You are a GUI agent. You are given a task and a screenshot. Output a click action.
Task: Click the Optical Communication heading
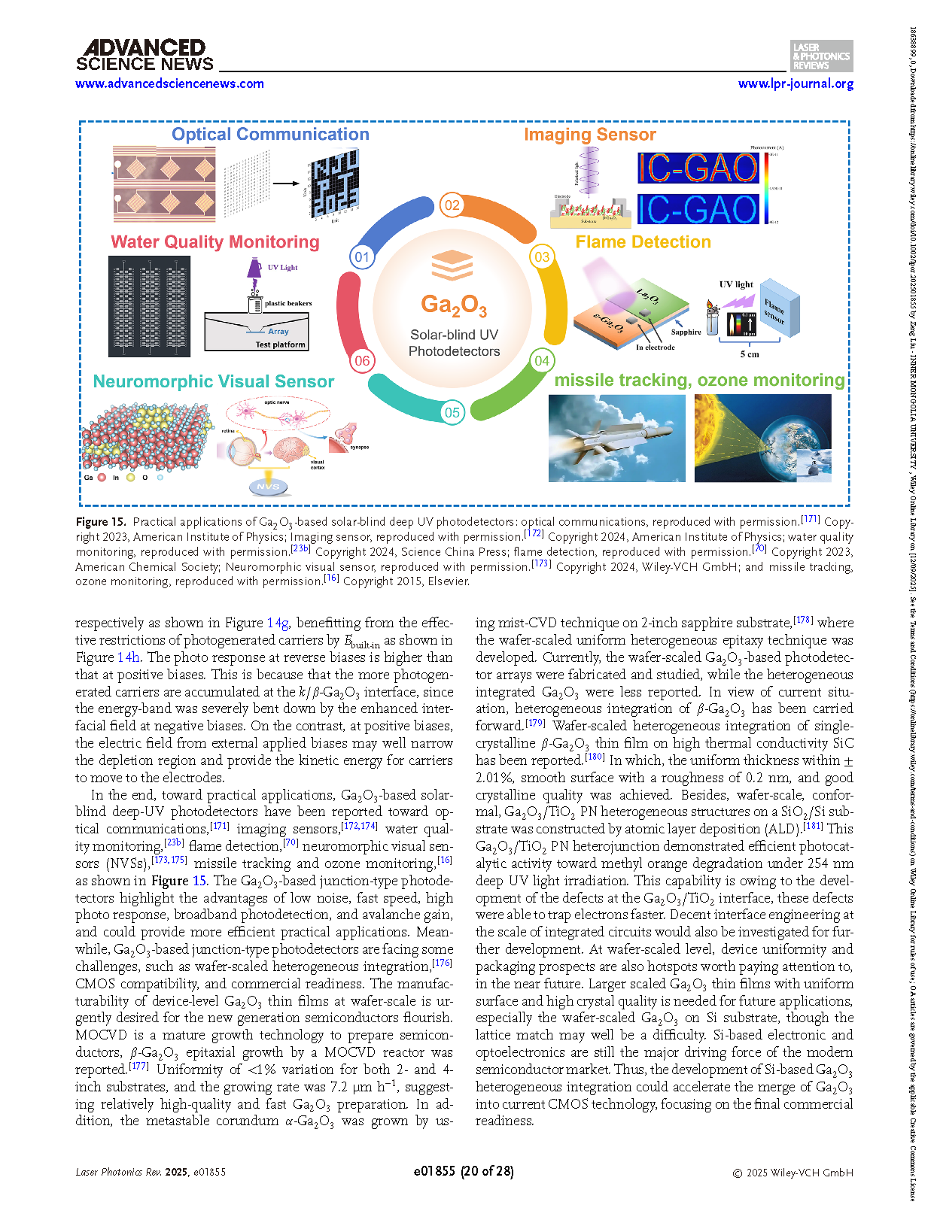[x=270, y=135]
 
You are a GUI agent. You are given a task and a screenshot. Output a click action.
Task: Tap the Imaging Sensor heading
[x=589, y=135]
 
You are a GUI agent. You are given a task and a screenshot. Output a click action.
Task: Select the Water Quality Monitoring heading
[x=214, y=242]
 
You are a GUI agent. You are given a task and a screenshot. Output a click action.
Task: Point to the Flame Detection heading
[x=643, y=242]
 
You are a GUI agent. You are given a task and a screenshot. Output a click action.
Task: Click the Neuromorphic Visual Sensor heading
[x=213, y=381]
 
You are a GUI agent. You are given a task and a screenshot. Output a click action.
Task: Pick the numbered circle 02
[x=452, y=205]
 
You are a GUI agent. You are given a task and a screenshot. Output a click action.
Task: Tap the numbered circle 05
[x=452, y=412]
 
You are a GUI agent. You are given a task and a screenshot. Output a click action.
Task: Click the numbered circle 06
[x=362, y=360]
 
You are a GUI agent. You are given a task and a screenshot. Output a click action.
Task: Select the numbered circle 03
[x=542, y=257]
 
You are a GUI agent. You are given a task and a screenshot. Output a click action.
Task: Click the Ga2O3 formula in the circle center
[x=453, y=305]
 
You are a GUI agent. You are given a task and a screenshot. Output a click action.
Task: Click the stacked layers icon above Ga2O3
[x=452, y=265]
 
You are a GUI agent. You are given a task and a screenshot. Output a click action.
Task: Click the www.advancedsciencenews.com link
[x=169, y=83]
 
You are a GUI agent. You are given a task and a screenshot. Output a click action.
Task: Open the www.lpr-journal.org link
[x=796, y=83]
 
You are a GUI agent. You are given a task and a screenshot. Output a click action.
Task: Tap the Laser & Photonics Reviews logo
[x=821, y=56]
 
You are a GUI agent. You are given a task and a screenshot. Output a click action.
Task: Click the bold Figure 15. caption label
[x=100, y=522]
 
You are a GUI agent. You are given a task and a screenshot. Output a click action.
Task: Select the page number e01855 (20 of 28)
[x=464, y=1171]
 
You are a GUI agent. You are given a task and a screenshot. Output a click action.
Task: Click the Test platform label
[x=280, y=344]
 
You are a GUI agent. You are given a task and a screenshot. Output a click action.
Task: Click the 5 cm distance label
[x=749, y=354]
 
